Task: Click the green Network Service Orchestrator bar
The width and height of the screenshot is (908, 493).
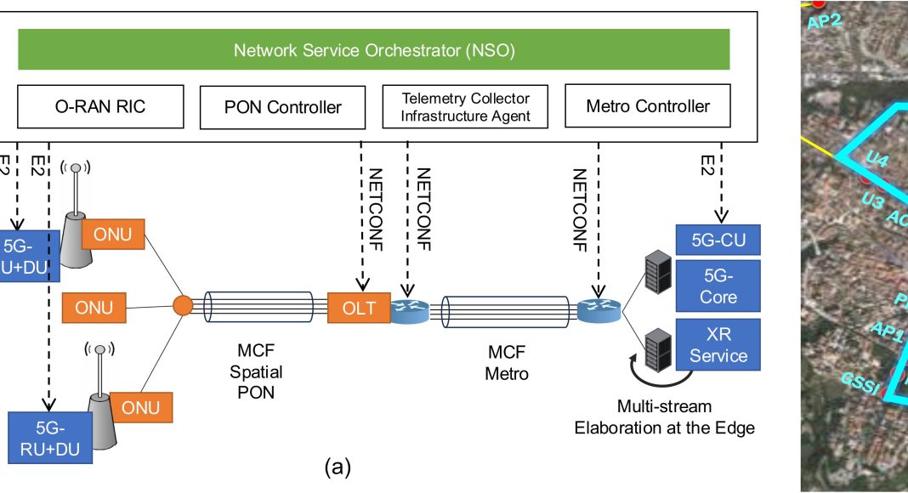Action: tap(374, 49)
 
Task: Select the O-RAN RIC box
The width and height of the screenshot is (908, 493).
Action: tap(99, 106)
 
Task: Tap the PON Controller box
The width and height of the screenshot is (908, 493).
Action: tap(283, 107)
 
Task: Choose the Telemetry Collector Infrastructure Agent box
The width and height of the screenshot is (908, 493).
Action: tap(465, 107)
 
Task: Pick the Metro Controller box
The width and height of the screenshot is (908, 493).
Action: tap(648, 106)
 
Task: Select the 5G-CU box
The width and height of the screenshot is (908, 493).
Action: tap(717, 241)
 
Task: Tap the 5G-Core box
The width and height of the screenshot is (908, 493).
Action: tap(718, 286)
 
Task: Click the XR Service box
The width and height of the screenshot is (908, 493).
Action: tap(718, 345)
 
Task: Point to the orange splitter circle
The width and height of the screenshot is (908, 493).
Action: tap(181, 305)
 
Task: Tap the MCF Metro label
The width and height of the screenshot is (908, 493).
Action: tap(506, 363)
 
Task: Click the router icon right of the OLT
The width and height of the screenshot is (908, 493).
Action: tap(411, 309)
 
